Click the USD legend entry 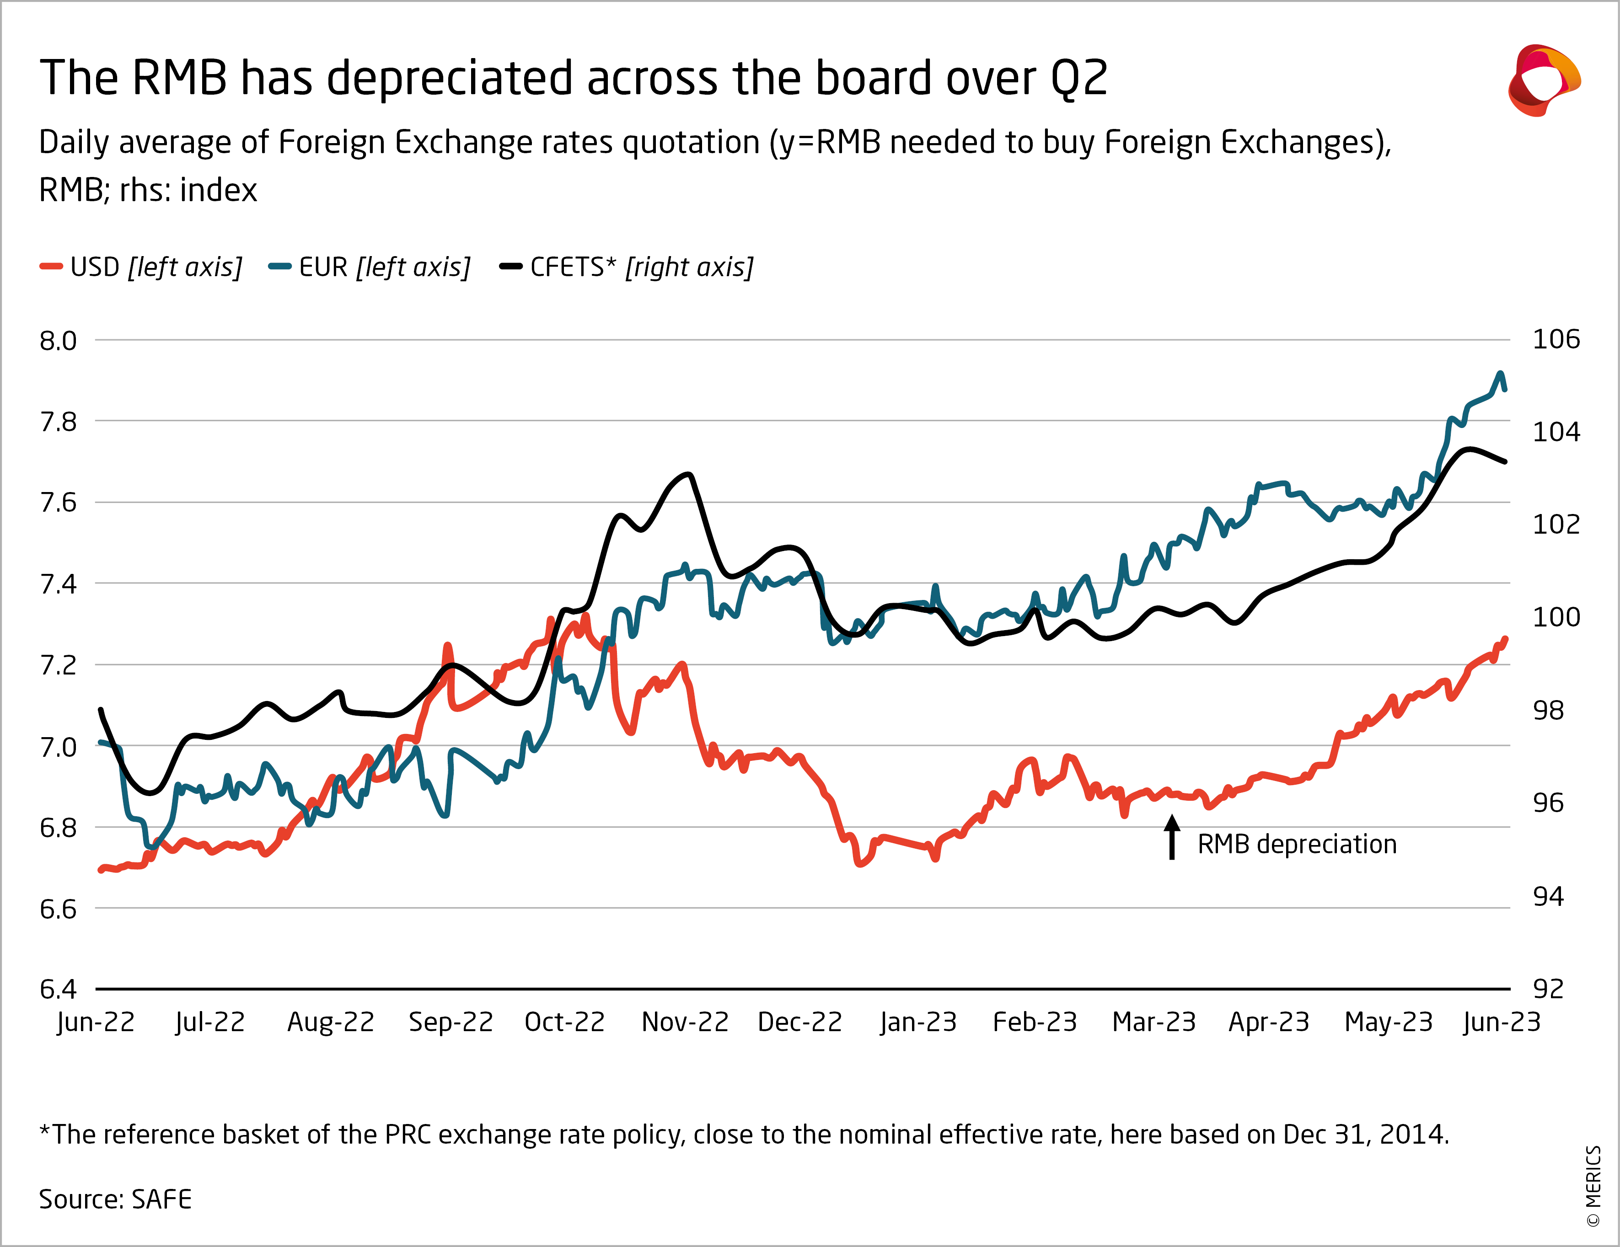tap(141, 267)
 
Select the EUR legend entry tap(370, 267)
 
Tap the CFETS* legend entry tap(627, 267)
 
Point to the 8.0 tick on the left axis tap(58, 341)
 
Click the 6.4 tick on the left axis tap(58, 989)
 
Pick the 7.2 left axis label tap(58, 665)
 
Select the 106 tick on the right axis tap(1556, 340)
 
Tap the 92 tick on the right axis tap(1548, 989)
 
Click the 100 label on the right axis tap(1556, 617)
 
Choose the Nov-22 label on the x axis tap(685, 1022)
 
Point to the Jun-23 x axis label tap(1502, 1022)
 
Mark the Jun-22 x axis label tap(96, 1022)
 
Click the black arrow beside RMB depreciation tap(1172, 838)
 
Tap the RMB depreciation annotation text tap(1297, 844)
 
